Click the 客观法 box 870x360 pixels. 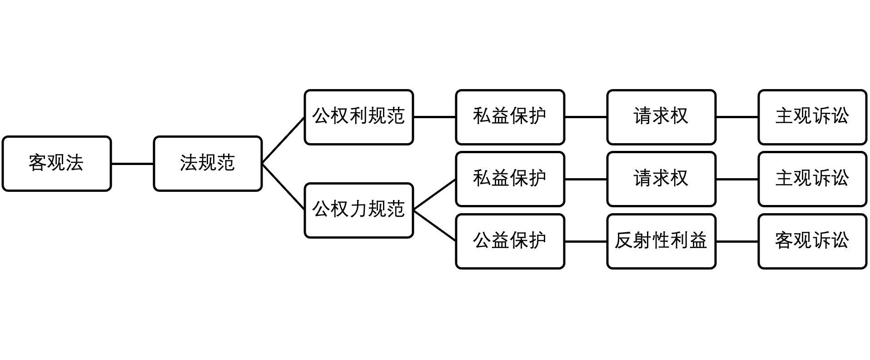coord(57,163)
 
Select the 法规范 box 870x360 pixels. coord(208,163)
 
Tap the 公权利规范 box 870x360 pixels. coord(358,117)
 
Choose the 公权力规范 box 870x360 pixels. coord(358,210)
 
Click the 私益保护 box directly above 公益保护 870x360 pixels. coord(510,179)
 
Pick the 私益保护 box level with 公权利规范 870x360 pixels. coord(510,117)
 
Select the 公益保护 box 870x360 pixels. coord(510,241)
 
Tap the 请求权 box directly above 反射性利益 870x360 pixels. coord(661,179)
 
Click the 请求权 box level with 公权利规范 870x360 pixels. coord(661,117)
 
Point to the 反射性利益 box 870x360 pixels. coord(661,241)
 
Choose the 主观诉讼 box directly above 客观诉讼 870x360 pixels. coord(812,179)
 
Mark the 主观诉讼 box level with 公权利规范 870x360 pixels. coord(812,117)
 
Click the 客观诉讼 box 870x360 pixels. coord(812,241)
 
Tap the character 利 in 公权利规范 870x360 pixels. coord(358,116)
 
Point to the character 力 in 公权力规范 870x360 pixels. coord(358,209)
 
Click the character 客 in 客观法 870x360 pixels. coord(38,163)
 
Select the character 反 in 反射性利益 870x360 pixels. coord(624,240)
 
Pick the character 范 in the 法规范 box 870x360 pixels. coord(226,163)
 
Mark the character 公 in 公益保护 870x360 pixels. coord(482,240)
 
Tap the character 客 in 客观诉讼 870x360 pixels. coord(784,240)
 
